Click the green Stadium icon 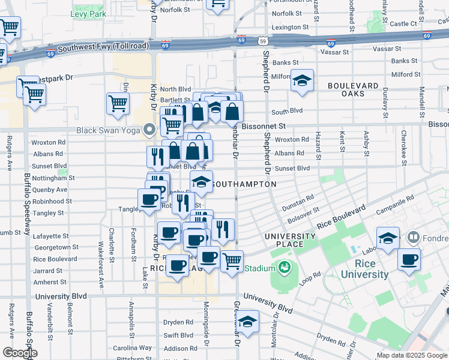(x=281, y=268)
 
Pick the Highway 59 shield (x=264, y=41)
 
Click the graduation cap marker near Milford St (x=302, y=80)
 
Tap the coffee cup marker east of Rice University (x=409, y=259)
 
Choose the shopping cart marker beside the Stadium (x=232, y=261)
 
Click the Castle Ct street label (x=403, y=24)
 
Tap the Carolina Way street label (x=133, y=348)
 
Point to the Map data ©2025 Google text (x=411, y=355)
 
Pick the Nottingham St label (x=54, y=178)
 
